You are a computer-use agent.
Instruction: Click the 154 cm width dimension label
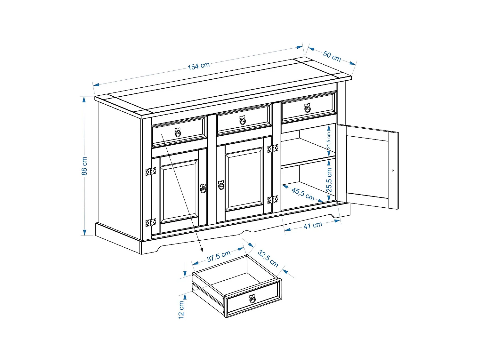coord(199,66)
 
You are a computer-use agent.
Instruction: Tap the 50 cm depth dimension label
coord(332,56)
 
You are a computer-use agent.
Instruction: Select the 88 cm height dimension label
coord(84,166)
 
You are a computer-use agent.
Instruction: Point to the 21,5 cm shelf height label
coord(329,141)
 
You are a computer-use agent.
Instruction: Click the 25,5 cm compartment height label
coord(329,180)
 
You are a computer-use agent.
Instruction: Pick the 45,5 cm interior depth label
coord(303,194)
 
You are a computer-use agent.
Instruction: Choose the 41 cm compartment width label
coord(313,225)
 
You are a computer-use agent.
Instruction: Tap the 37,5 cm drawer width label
coord(219,256)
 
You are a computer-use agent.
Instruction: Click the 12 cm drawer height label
coord(181,309)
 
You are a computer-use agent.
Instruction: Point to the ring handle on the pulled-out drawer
coord(252,299)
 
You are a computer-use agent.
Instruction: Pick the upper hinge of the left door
coord(151,171)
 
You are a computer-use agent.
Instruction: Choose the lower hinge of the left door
coord(151,222)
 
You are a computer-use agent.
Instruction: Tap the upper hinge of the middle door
coord(273,148)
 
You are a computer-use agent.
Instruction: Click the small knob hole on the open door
coord(393,171)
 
